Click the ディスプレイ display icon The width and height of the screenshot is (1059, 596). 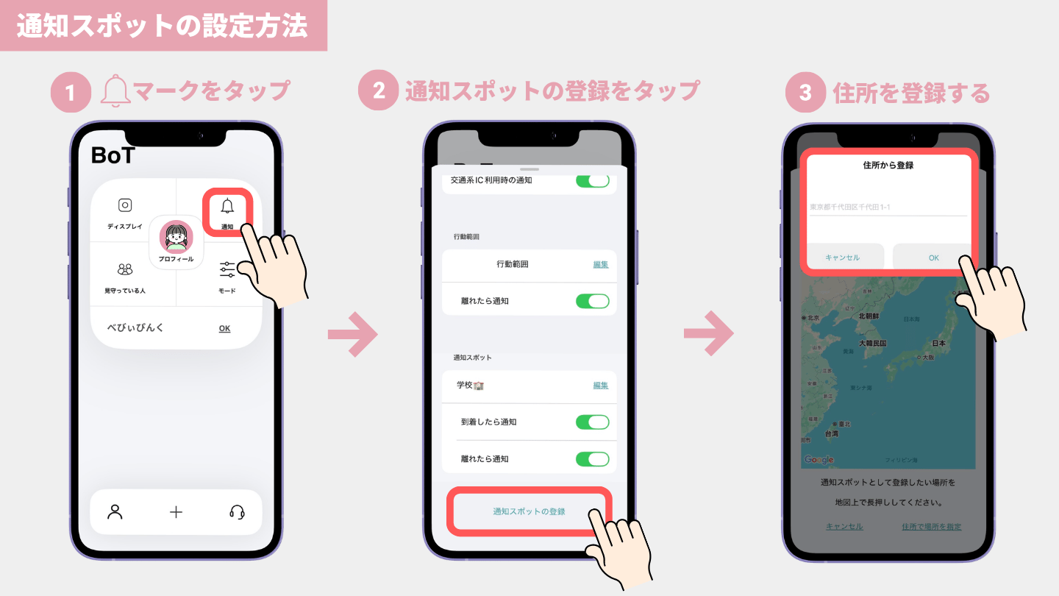pos(125,206)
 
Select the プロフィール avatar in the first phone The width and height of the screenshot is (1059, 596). pos(176,237)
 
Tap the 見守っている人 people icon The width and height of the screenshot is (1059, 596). pos(125,270)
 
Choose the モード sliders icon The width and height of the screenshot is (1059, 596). pos(227,270)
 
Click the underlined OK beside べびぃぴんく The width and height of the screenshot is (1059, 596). pos(224,328)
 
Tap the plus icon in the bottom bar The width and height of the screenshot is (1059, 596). pos(176,512)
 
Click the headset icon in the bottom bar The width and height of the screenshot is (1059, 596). pos(237,512)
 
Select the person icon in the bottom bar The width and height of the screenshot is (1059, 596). pos(115,512)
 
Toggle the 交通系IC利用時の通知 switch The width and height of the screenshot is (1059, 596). pos(592,180)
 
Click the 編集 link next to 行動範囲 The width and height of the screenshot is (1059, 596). pos(601,264)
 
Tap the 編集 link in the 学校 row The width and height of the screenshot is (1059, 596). pos(601,386)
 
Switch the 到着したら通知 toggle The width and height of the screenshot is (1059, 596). pos(592,422)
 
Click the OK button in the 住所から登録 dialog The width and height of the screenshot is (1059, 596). pos(933,258)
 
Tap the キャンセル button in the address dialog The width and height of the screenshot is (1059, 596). pos(843,258)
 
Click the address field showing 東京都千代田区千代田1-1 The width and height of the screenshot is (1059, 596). pos(888,207)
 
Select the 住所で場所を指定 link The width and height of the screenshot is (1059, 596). pos(931,526)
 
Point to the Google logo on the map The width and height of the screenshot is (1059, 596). pos(819,460)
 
